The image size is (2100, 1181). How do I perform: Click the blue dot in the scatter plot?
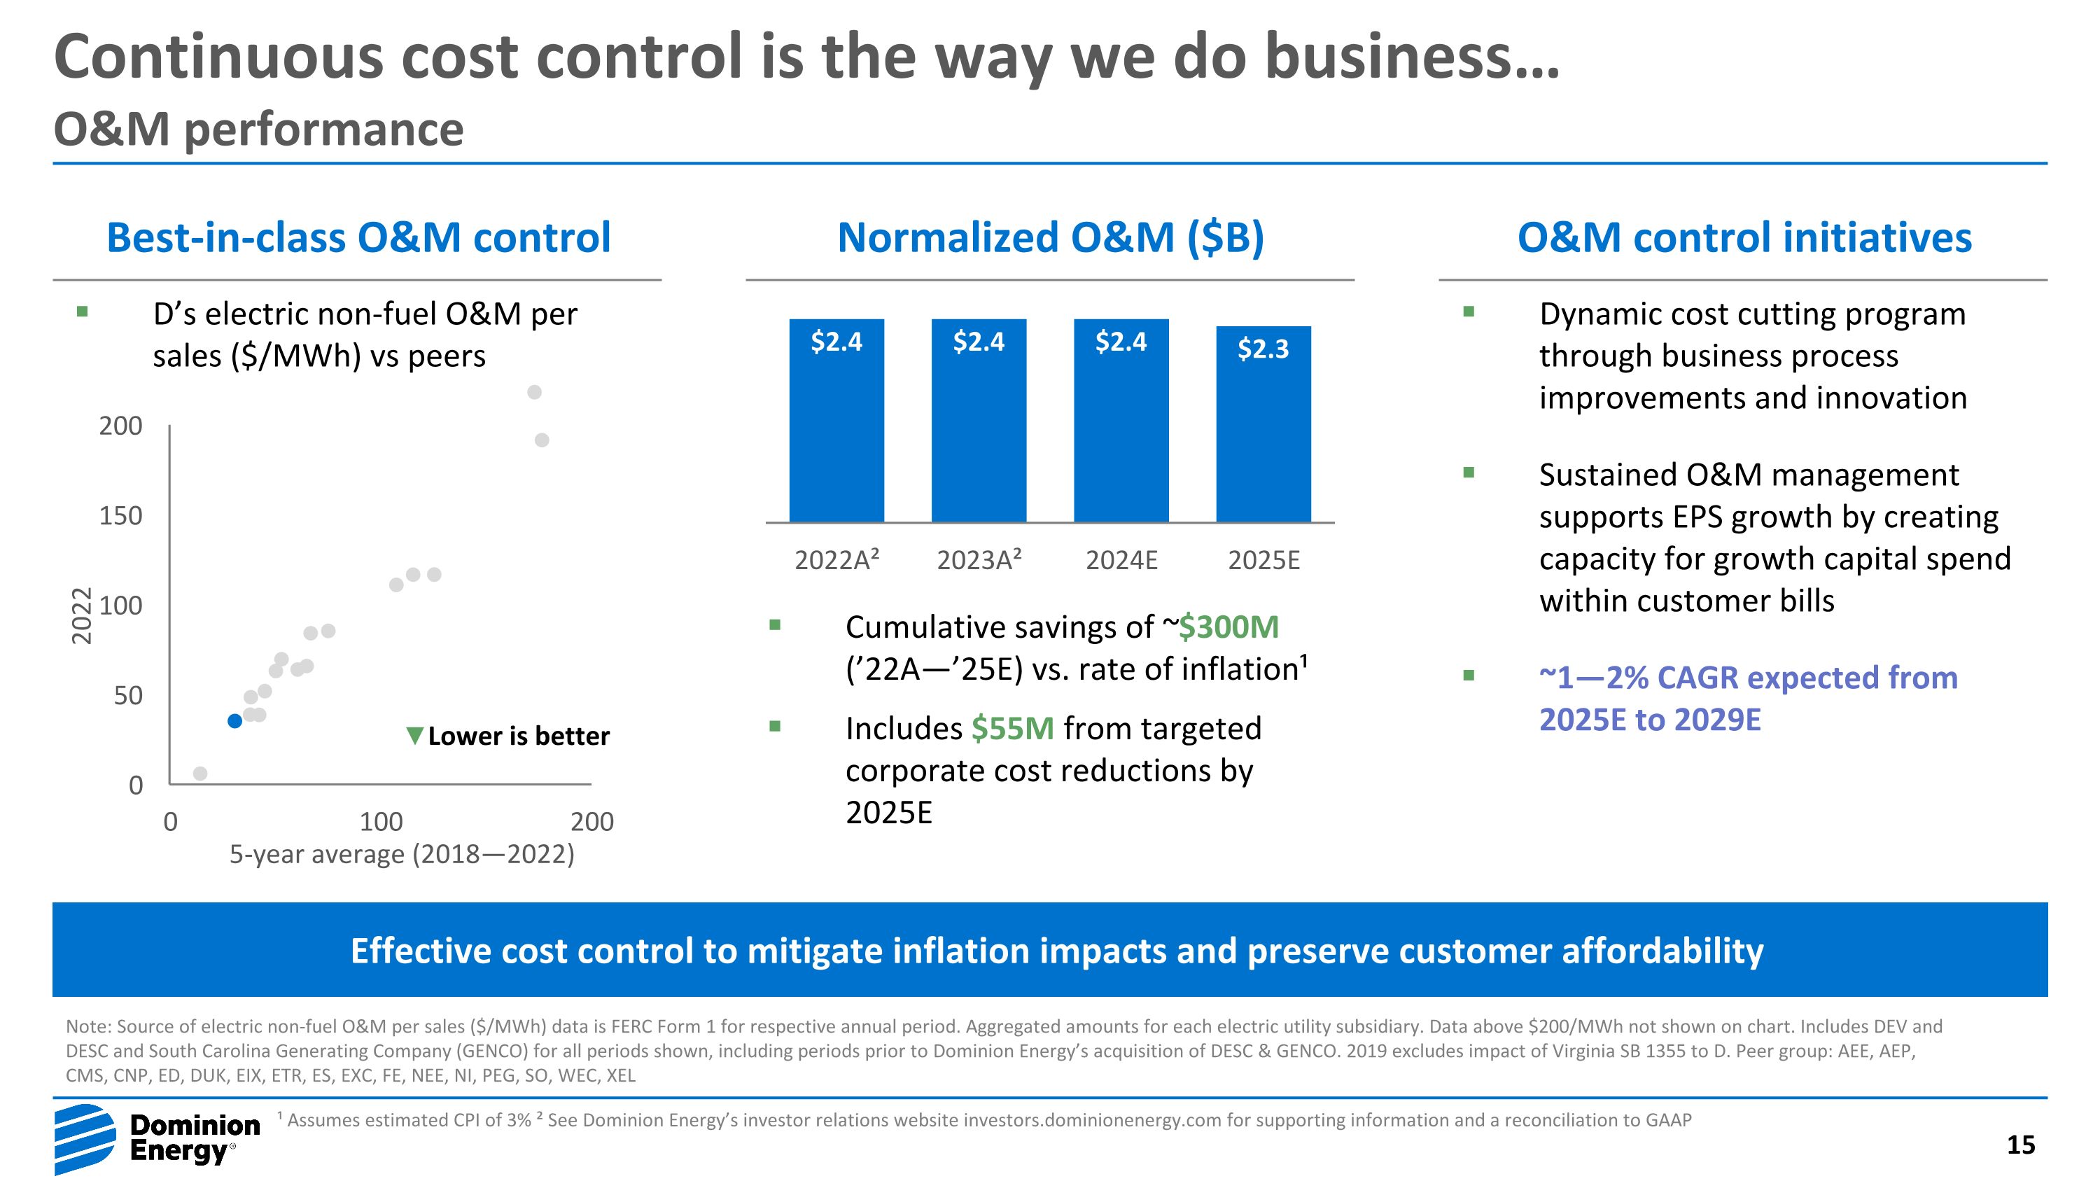[x=234, y=720]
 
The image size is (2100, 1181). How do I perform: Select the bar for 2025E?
[x=1263, y=424]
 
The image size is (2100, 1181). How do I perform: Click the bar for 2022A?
[x=836, y=421]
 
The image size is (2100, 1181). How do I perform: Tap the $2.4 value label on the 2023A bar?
[x=979, y=342]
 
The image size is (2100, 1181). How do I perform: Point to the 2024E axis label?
[x=1121, y=561]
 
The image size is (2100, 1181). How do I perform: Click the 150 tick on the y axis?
[x=120, y=516]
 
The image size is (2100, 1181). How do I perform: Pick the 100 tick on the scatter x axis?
[x=381, y=822]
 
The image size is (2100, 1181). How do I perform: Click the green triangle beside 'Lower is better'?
[x=415, y=736]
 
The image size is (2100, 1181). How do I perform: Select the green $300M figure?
[x=1228, y=627]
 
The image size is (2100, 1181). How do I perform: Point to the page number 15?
[x=2020, y=1145]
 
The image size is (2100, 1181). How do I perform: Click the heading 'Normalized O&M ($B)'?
[x=1050, y=238]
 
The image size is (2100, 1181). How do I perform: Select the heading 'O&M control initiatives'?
[x=1744, y=238]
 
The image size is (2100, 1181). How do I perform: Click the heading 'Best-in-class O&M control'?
[x=358, y=238]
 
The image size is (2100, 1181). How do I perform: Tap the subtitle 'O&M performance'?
[x=258, y=130]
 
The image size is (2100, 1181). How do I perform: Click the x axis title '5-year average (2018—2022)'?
[x=402, y=854]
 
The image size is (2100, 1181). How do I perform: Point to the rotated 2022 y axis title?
[x=80, y=616]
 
